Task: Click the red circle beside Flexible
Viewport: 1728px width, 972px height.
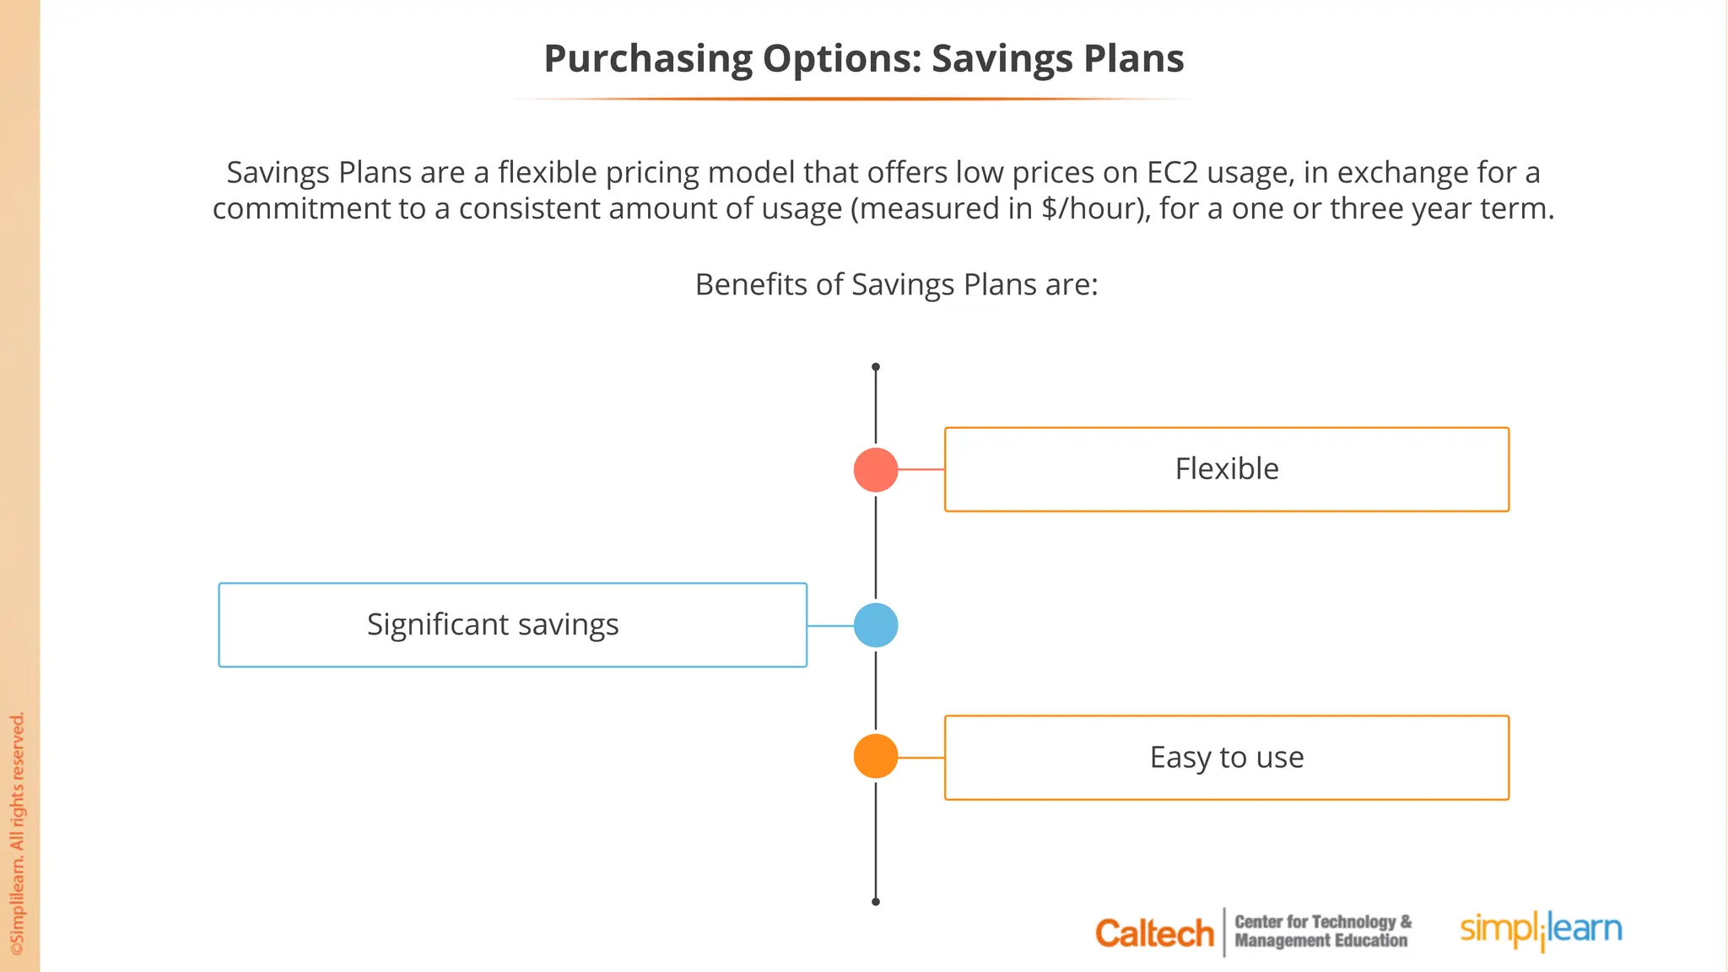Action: pos(876,470)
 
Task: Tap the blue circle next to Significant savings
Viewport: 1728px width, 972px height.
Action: pos(876,625)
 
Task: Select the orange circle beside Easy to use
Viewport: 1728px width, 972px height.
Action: pos(876,756)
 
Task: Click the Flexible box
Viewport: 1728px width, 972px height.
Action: pos(1226,469)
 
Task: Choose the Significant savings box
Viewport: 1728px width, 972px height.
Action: pos(512,625)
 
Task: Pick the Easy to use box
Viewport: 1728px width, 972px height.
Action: pos(1226,758)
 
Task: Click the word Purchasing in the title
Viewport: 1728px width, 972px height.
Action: pos(647,59)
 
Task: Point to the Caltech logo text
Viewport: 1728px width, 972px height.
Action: pos(1153,933)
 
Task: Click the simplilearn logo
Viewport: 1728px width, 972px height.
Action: pos(1541,930)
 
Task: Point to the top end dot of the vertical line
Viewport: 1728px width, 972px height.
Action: pos(876,367)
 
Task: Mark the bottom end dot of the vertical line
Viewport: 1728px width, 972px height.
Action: pos(876,902)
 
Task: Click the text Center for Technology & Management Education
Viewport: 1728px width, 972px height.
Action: pos(1322,931)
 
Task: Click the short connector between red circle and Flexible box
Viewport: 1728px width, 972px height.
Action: pos(921,470)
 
